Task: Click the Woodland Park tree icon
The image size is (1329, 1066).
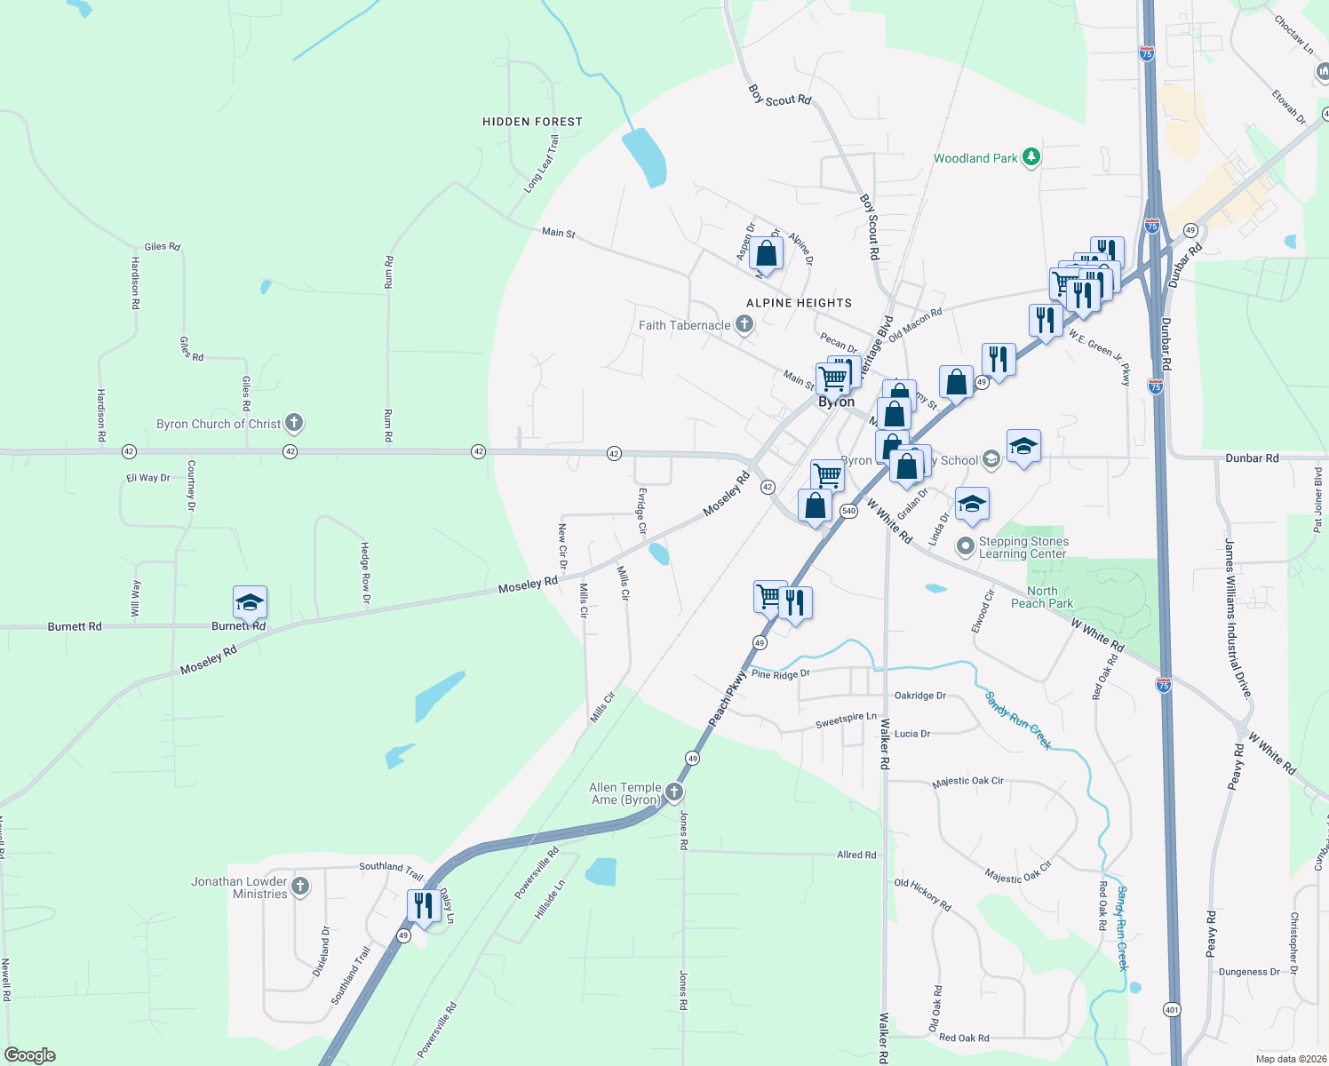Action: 1031,157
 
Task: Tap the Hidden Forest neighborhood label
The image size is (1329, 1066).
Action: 532,122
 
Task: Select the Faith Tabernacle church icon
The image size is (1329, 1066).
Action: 744,325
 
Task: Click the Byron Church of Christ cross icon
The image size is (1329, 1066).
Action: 294,424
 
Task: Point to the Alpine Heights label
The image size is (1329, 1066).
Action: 799,303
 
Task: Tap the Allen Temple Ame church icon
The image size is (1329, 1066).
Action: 674,792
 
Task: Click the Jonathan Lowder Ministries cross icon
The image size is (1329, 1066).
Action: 300,886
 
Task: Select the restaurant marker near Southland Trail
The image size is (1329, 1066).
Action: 423,905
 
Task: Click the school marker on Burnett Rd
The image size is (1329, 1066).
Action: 250,602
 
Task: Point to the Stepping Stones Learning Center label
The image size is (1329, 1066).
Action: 1023,547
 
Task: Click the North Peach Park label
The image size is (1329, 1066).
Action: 1042,597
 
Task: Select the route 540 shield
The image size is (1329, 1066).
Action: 848,511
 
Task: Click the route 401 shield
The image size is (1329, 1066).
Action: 1173,1009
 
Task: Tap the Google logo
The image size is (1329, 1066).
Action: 29,1055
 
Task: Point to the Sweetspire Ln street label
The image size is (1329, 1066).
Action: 846,720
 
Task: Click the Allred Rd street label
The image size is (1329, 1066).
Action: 856,855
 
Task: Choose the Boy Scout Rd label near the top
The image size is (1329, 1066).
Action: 779,96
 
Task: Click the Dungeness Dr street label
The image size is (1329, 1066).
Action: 1249,972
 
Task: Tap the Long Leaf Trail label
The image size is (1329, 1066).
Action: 541,164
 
